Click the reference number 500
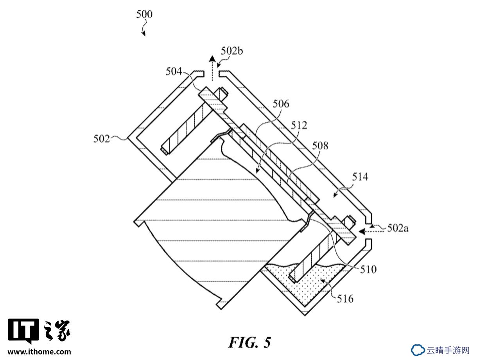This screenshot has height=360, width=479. pyautogui.click(x=144, y=14)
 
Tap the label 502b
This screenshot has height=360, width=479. pyautogui.click(x=232, y=51)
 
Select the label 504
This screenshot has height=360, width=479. pyautogui.click(x=174, y=71)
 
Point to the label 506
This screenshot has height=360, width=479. pyautogui.click(x=281, y=104)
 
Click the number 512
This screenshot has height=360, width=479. pyautogui.click(x=299, y=125)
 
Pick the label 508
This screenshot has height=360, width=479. pyautogui.click(x=320, y=145)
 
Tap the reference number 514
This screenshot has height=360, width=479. pyautogui.click(x=360, y=177)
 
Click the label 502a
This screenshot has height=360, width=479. pyautogui.click(x=398, y=228)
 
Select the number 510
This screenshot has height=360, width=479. pyautogui.click(x=368, y=269)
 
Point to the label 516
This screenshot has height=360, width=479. pyautogui.click(x=345, y=299)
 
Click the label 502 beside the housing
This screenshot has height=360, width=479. pyautogui.click(x=102, y=139)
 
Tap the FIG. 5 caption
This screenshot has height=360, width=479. pyautogui.click(x=249, y=342)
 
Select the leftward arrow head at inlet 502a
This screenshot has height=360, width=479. pyautogui.click(x=362, y=231)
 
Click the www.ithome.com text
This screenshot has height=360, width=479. pyautogui.click(x=39, y=352)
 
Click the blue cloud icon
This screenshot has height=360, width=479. pyautogui.click(x=418, y=350)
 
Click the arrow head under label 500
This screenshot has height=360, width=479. pyautogui.click(x=144, y=34)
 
